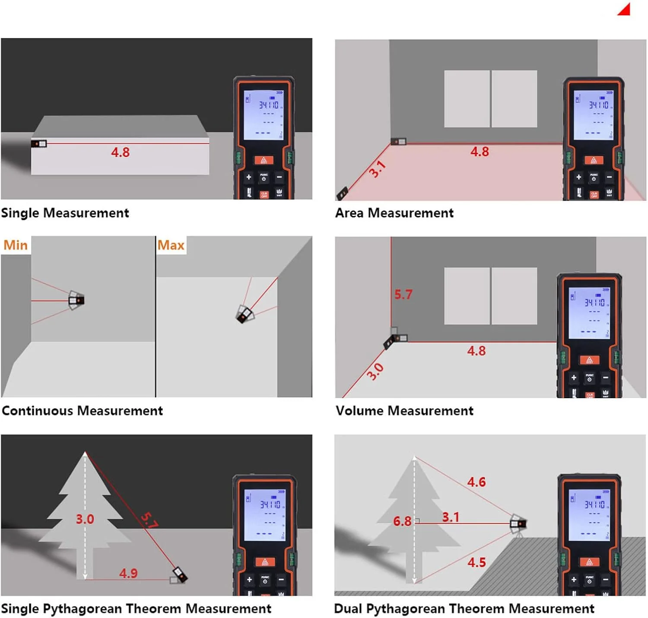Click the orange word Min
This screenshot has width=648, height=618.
click(16, 245)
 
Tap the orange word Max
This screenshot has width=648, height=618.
click(171, 245)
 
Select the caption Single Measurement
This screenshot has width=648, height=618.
click(65, 213)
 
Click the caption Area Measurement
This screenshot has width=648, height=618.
click(394, 213)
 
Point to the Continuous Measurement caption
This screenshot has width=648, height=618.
click(82, 411)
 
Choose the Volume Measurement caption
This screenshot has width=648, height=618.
click(404, 411)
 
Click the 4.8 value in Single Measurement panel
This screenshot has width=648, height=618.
click(120, 152)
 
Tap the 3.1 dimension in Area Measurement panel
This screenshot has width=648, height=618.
click(377, 169)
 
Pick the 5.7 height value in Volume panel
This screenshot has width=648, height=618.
click(403, 295)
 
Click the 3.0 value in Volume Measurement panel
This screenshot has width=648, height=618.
click(375, 371)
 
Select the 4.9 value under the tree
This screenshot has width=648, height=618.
click(128, 574)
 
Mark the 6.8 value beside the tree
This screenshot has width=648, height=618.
click(402, 521)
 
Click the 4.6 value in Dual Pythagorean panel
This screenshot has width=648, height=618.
click(476, 482)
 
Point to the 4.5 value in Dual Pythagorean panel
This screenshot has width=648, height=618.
click(476, 562)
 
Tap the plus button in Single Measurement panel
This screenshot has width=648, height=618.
click(248, 177)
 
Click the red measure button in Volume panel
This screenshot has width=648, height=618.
click(589, 360)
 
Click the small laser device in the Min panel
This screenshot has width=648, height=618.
click(77, 300)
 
